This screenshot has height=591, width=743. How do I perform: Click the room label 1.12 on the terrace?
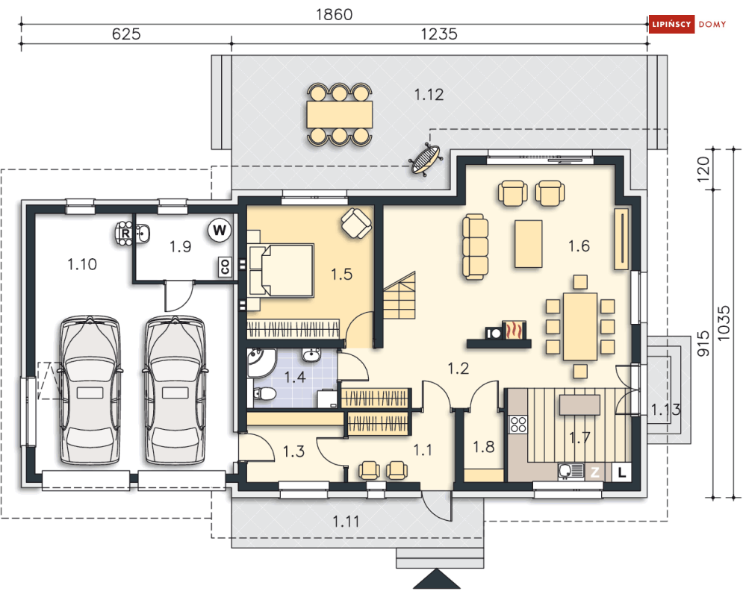tap(429, 95)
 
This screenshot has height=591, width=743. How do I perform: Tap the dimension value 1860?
tap(334, 15)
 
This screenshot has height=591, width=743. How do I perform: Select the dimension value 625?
tap(126, 34)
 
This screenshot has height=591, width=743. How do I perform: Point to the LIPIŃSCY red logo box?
tap(671, 24)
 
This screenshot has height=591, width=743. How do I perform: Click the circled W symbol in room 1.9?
tap(220, 231)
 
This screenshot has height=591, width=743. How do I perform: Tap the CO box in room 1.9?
tap(225, 266)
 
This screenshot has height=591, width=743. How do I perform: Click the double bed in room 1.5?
tap(281, 270)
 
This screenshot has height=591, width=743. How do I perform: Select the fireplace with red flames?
tap(514, 330)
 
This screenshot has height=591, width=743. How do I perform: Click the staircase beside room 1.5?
tap(400, 296)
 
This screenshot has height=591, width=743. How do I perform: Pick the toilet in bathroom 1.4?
tap(264, 394)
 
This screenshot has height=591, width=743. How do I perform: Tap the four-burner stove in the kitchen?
tap(518, 424)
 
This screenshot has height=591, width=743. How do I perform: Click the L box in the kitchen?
tap(622, 472)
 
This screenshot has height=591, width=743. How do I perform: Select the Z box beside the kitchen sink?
tap(594, 472)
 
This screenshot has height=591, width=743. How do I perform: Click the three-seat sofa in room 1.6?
tap(475, 247)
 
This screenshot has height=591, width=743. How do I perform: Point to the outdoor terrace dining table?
tap(339, 114)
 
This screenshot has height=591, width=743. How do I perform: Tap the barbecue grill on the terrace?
tap(425, 159)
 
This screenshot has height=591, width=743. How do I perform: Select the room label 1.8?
tap(483, 446)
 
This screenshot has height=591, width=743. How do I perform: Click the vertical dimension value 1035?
tap(724, 323)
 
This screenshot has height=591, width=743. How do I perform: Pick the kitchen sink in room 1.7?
tap(571, 471)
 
